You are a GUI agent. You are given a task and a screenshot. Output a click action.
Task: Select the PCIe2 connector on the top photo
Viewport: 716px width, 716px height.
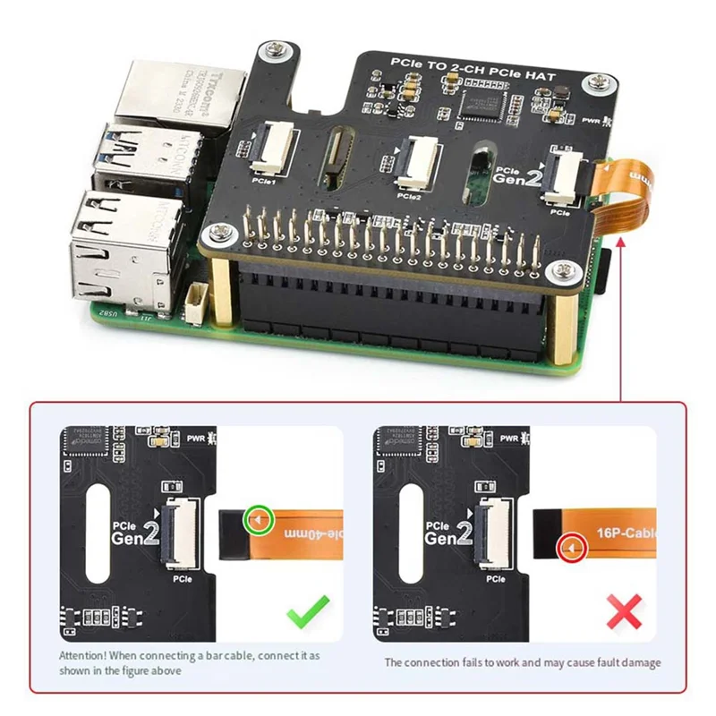point(415,161)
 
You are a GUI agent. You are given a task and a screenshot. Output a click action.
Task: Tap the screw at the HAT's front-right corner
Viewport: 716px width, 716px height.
point(562,268)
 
